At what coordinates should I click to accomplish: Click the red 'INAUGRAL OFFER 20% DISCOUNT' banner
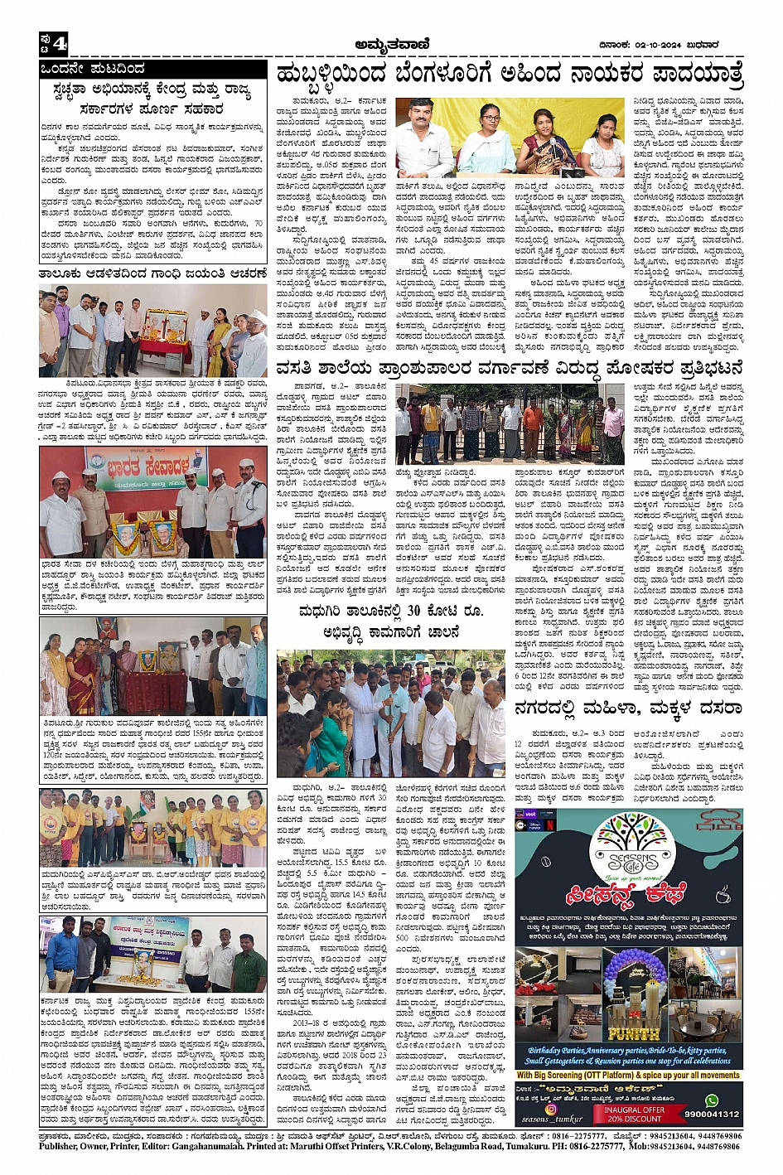634,1114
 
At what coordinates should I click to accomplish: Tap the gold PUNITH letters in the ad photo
634,1033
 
